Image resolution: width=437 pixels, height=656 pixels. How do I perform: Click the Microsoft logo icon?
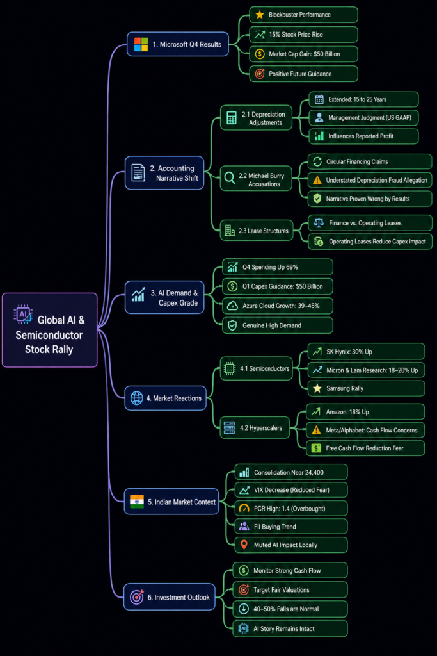[141, 44]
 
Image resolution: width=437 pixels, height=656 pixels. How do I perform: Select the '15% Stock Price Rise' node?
[304, 35]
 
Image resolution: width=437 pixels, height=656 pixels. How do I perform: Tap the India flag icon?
[137, 501]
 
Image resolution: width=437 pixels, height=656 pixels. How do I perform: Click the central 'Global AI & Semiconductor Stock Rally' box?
[50, 330]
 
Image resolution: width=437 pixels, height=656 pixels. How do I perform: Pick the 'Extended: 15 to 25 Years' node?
[363, 99]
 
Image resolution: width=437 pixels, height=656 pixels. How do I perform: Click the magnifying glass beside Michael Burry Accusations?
[229, 178]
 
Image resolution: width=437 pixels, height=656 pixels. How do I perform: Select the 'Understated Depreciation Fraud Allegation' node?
[370, 180]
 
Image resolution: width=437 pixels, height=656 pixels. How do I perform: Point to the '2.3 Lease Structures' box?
[257, 231]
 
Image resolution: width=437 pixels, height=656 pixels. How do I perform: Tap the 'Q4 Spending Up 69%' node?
[278, 267]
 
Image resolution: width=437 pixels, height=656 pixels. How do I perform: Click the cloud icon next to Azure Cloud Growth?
[232, 306]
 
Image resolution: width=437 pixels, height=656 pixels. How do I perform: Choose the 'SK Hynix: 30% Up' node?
[366, 352]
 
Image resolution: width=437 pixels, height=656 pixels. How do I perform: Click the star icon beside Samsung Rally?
[317, 388]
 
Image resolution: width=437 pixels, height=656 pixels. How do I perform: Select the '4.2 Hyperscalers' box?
[255, 427]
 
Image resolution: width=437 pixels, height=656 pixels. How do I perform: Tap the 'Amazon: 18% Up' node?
[365, 412]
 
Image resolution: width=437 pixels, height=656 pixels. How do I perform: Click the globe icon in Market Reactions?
[137, 398]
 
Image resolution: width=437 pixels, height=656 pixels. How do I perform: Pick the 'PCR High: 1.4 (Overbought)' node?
[290, 508]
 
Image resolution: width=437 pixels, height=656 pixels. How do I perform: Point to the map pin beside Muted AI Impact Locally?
[244, 545]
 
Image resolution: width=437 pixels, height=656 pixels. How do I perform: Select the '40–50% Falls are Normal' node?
[290, 609]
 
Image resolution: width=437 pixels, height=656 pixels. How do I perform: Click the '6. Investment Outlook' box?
[170, 597]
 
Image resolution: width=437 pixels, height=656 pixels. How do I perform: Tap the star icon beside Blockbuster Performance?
[259, 15]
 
